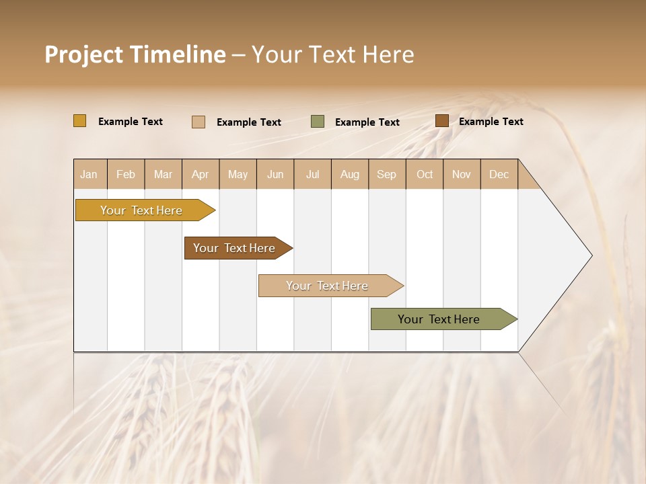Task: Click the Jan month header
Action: [89, 174]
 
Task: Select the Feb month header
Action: [126, 174]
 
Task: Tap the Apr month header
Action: [200, 174]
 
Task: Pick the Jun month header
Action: [275, 174]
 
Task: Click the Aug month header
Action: [350, 174]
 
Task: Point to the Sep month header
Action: [386, 174]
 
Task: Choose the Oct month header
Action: [425, 174]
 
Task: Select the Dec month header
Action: [499, 174]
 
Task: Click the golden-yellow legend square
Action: [80, 121]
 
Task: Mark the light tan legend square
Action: [199, 122]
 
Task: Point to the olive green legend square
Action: [318, 122]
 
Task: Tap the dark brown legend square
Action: [441, 121]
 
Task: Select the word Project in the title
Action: [84, 54]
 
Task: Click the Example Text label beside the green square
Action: [367, 122]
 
